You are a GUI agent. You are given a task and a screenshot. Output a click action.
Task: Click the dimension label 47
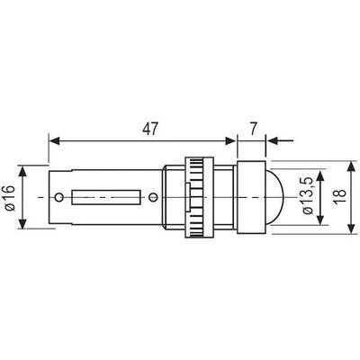(149, 129)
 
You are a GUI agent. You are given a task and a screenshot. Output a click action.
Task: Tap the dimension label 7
(254, 129)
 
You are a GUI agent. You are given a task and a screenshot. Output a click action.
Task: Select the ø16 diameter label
(11, 198)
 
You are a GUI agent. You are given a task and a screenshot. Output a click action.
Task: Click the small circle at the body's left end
(59, 197)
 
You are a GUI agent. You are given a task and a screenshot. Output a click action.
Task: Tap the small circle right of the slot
(153, 197)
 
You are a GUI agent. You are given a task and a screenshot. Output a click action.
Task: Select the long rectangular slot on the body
(106, 197)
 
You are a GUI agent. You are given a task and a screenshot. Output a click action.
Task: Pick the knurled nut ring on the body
(199, 197)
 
